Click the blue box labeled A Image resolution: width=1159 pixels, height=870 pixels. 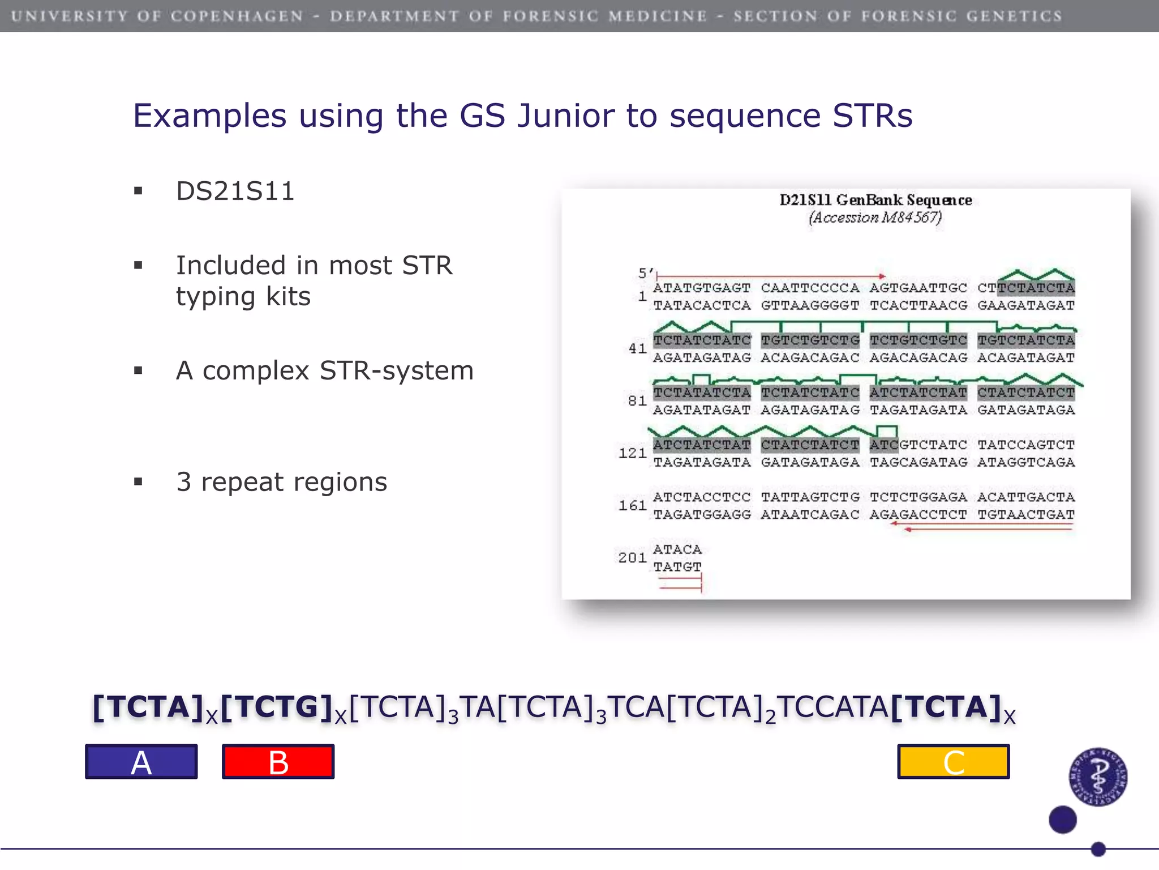coord(141,762)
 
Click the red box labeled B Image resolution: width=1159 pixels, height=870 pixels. coord(278,762)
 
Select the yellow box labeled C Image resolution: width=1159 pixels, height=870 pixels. coord(953,762)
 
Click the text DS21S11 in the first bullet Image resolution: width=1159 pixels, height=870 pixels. coord(235,191)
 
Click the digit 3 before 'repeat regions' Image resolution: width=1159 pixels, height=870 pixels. coord(184,482)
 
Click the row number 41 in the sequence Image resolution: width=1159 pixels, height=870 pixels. coord(638,348)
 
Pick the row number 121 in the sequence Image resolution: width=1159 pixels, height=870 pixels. coord(633,453)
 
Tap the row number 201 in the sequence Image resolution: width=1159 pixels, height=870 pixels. coord(633,558)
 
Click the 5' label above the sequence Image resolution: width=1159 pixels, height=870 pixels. coord(645,274)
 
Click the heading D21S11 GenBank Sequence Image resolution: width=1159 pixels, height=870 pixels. coord(875,200)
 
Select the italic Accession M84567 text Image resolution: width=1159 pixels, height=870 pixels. coord(875,217)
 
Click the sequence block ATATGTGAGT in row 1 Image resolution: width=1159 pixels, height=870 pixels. coord(702,288)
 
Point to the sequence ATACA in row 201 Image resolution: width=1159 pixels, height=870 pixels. coord(677,549)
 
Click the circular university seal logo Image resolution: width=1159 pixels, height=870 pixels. coord(1098,777)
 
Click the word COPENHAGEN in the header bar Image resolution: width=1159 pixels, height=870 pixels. coord(238,16)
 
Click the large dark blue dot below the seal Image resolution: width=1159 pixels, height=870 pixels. coord(1062,820)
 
